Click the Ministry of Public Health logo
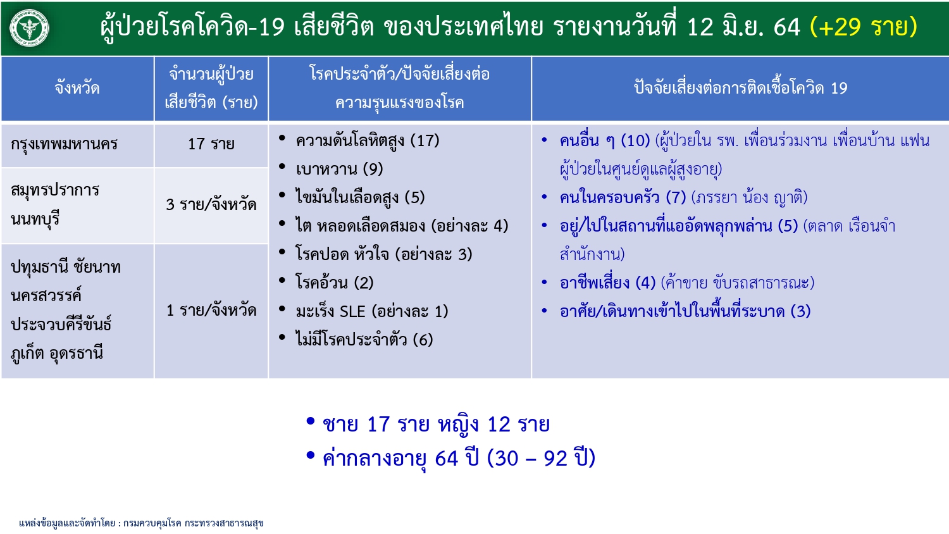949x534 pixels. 29,28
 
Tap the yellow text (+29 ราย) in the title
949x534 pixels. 863,27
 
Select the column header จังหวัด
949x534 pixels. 77,89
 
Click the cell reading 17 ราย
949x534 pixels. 211,144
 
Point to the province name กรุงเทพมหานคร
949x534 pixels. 64,144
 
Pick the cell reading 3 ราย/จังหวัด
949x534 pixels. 211,204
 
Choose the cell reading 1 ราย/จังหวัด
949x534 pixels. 211,310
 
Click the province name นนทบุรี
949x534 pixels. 35,220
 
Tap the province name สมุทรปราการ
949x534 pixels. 55,190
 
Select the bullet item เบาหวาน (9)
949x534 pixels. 339,169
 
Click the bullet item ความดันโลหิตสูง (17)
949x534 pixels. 368,140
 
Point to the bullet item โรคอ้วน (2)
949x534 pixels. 334,282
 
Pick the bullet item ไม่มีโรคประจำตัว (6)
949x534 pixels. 364,339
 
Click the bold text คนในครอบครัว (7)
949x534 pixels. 623,197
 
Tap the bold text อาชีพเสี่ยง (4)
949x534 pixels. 607,282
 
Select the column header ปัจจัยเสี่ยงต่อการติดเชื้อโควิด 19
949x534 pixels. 741,88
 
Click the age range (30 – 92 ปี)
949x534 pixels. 542,458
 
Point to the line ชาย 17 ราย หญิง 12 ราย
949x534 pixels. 437,425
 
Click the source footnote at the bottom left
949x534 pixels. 142,523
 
